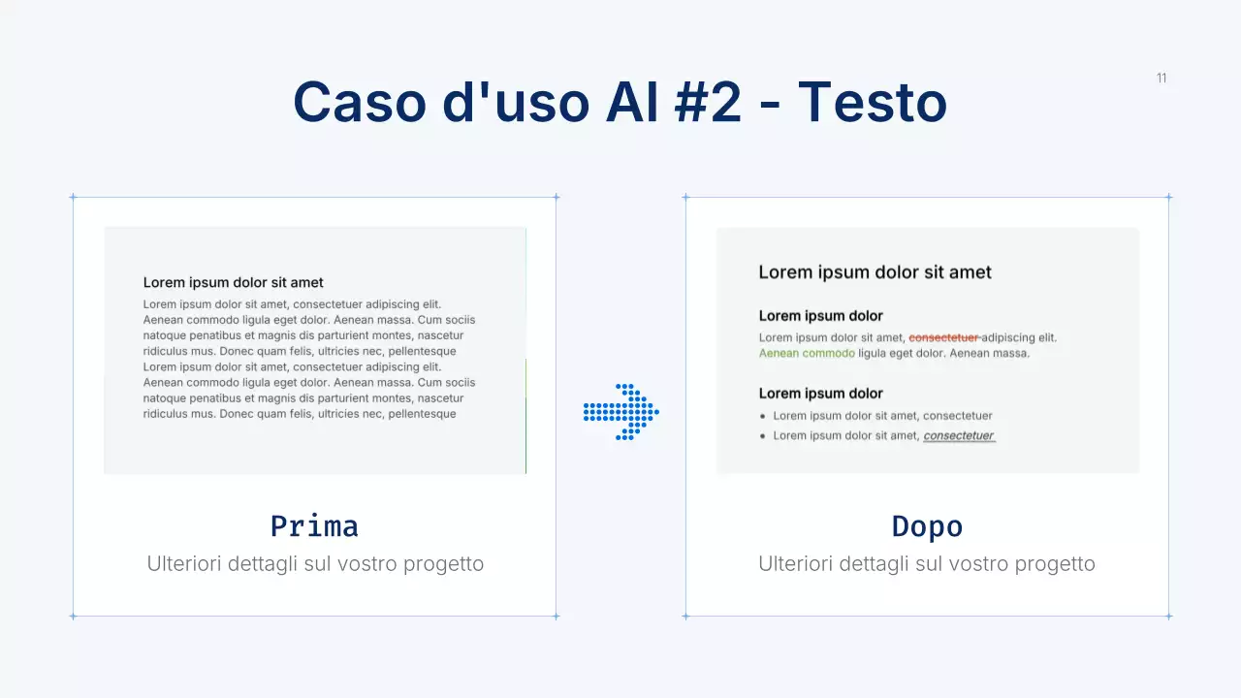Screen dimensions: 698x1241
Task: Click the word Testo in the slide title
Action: coord(872,102)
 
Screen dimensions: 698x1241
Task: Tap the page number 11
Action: coord(1161,79)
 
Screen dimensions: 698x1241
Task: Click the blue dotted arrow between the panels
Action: coord(621,412)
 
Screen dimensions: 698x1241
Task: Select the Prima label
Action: coord(314,526)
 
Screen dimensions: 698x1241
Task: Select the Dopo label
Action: coord(927,526)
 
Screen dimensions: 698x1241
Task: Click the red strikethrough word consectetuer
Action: coord(943,337)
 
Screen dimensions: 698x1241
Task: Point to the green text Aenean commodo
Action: coord(807,353)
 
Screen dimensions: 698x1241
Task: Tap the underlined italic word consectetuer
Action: coord(959,435)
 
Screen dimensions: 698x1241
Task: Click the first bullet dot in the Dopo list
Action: coord(763,416)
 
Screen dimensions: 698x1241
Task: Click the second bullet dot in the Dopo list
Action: coord(763,436)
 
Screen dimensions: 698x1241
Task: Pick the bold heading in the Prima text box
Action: coord(234,283)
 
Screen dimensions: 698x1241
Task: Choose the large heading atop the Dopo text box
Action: coord(875,272)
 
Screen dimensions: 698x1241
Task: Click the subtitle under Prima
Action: coord(315,563)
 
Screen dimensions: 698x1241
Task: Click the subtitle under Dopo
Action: coord(927,563)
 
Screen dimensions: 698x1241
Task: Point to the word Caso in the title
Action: coord(359,102)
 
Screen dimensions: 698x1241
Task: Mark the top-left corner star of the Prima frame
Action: coord(73,197)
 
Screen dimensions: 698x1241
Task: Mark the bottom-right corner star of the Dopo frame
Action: coord(1168,616)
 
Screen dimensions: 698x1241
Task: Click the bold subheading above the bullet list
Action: coord(820,394)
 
